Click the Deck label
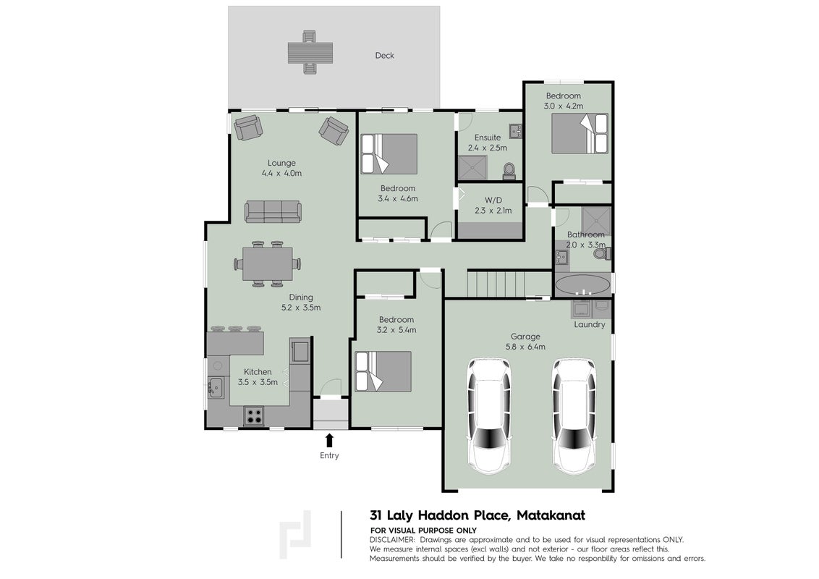[x=384, y=56]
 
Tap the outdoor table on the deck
[x=310, y=52]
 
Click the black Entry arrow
[x=330, y=439]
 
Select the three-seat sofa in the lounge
[x=273, y=211]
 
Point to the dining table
[x=268, y=263]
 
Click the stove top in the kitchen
[x=254, y=415]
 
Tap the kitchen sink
[x=216, y=387]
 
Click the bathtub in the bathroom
[x=582, y=286]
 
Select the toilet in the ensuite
[x=508, y=170]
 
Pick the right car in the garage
[x=574, y=416]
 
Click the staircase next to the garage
[x=509, y=284]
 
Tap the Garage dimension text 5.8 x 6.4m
[x=525, y=347]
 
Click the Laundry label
[x=589, y=324]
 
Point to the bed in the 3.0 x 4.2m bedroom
[x=580, y=133]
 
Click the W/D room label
[x=493, y=200]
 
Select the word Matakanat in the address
[x=551, y=515]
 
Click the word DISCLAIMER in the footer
[x=392, y=540]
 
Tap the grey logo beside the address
[x=295, y=535]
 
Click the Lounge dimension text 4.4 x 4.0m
[x=281, y=173]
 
